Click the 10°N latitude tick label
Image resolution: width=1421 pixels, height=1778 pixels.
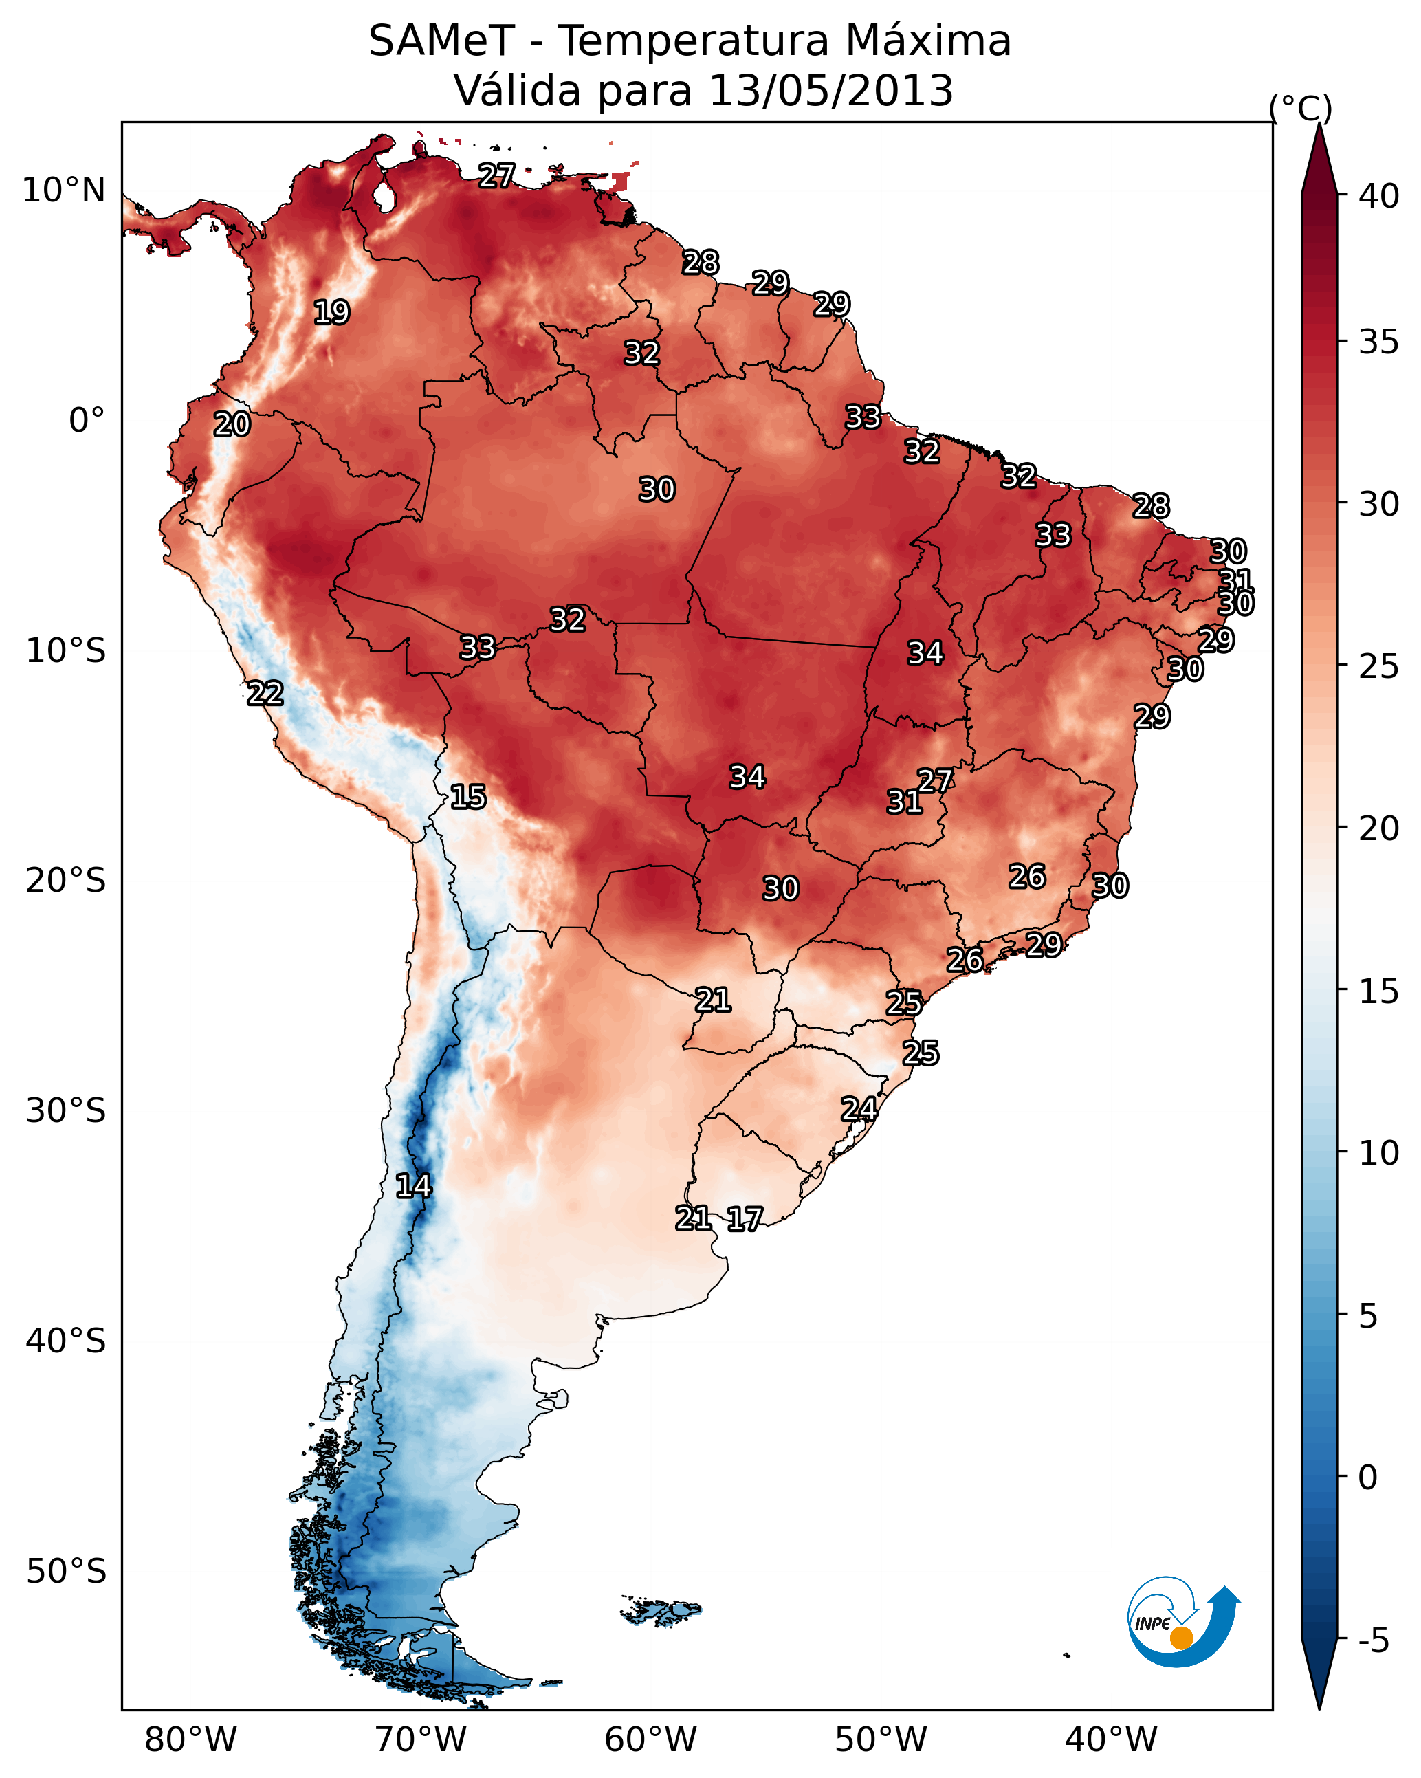63,190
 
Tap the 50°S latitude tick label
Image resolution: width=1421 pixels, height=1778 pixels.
66,1572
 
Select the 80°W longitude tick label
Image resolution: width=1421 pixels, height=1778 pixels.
190,1739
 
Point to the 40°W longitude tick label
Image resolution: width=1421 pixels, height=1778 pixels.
1111,1739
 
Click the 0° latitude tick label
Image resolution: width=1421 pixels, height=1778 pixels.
87,421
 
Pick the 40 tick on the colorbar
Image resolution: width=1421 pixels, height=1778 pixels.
1379,196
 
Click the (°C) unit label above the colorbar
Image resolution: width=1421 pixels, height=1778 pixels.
1300,108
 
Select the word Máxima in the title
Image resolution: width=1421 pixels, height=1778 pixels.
928,41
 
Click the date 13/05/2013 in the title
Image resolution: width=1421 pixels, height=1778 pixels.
830,91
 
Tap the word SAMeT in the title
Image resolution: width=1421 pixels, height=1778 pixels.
441,41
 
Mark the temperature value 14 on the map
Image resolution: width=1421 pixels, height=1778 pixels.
413,1186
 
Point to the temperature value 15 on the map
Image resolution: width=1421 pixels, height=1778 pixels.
467,797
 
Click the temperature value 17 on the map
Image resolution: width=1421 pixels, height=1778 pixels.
744,1219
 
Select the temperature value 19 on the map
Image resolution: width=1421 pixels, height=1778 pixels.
331,313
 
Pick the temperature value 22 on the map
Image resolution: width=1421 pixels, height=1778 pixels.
265,694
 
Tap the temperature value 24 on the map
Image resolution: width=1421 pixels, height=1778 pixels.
859,1109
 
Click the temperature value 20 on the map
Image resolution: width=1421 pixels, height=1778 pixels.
232,425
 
